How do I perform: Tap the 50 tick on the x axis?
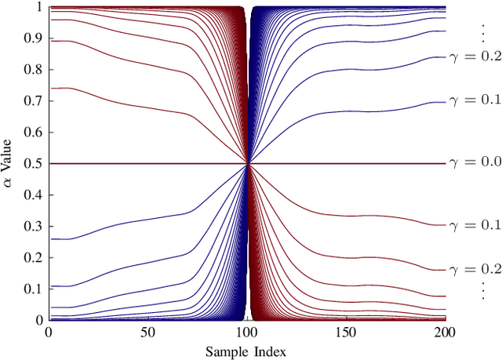[x=147, y=333]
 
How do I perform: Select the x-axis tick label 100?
[x=247, y=333]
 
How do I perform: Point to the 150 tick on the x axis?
[x=347, y=333]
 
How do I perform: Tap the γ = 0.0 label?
[x=474, y=163]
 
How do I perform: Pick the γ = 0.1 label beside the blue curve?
[x=474, y=100]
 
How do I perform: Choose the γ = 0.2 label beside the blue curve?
[x=474, y=57]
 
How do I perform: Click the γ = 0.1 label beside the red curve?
[x=474, y=225]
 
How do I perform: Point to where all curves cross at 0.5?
[x=248, y=163]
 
